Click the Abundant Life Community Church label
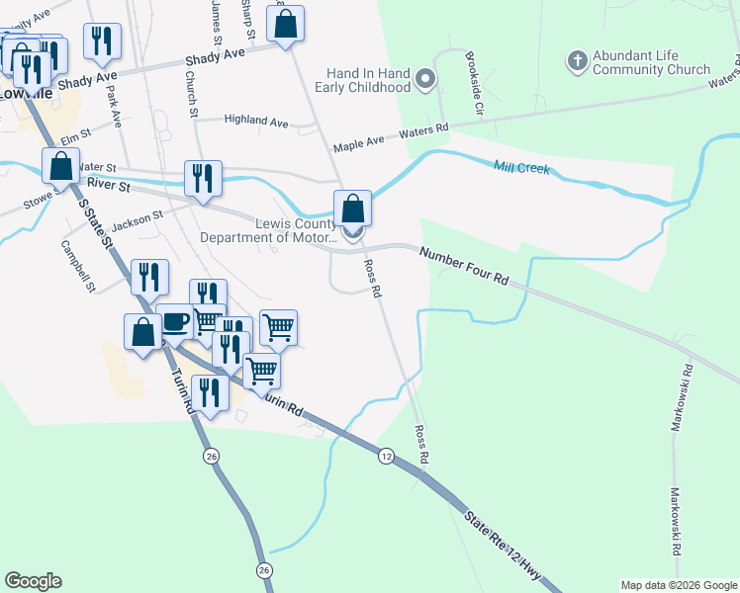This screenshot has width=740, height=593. tap(652, 62)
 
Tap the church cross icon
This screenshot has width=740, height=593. tap(577, 61)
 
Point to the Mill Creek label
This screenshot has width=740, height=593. tap(521, 169)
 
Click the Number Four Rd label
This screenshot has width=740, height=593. tap(463, 267)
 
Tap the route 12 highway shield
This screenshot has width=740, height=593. tap(386, 456)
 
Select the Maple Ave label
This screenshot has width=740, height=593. tap(358, 143)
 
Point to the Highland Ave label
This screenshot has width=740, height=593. tap(255, 121)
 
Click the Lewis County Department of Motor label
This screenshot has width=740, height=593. tap(270, 230)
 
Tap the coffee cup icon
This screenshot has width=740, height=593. tap(175, 323)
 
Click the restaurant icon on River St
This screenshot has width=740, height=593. tap(203, 179)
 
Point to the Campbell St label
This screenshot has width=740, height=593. tap(77, 267)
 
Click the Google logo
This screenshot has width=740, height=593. tap(33, 581)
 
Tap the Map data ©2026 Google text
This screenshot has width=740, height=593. tap(678, 585)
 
